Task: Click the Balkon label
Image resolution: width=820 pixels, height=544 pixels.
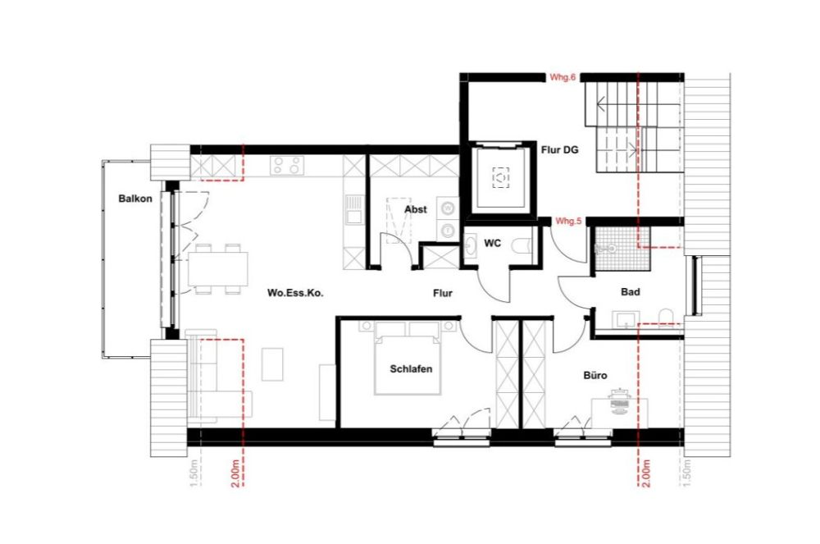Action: coord(134,199)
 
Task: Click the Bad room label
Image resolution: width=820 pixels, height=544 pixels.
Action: coord(631,291)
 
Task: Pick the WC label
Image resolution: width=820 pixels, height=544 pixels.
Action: coord(493,243)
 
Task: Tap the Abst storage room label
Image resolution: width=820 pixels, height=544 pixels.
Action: coord(415,209)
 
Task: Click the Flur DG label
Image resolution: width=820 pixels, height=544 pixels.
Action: coord(561,149)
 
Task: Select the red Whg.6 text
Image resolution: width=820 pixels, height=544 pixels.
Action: coord(564,77)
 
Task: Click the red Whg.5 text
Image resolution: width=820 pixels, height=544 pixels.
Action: coord(568,222)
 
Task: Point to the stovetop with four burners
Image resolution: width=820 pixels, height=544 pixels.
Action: coord(286,167)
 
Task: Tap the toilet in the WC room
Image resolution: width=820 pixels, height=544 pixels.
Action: coord(522,245)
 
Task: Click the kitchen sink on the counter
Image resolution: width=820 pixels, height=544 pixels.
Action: coord(353,209)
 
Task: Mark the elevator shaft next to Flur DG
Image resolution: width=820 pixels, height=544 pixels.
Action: coord(500,177)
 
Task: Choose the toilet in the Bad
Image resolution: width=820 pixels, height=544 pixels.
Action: coord(664,318)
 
